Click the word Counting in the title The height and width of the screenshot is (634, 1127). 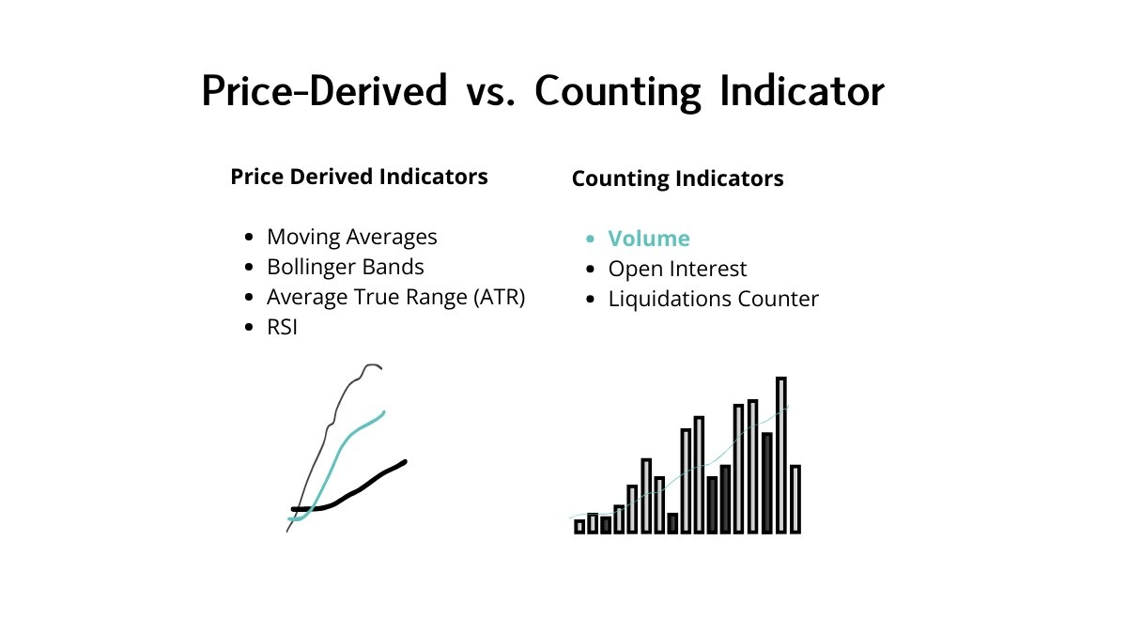(x=617, y=92)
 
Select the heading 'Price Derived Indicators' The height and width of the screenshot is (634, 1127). (x=359, y=177)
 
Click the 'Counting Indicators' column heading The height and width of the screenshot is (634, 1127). (x=677, y=178)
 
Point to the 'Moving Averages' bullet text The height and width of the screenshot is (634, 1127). (x=351, y=237)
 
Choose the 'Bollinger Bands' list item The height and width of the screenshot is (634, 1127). (x=346, y=267)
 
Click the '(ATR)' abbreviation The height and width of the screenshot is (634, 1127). (x=499, y=298)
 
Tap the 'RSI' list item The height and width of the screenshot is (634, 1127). (x=282, y=327)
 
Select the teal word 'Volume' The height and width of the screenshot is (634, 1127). (x=649, y=239)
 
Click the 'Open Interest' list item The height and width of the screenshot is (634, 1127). (x=677, y=269)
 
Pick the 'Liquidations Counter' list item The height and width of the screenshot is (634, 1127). (x=713, y=299)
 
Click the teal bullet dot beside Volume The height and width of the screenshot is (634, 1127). (x=590, y=239)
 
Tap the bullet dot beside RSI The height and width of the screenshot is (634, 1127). (x=249, y=328)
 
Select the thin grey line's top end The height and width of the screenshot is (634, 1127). (x=381, y=368)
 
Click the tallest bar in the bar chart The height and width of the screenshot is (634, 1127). (x=780, y=455)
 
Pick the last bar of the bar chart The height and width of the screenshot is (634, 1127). (x=795, y=499)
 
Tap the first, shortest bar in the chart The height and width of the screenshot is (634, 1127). (x=579, y=527)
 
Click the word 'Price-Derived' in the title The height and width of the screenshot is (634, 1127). (x=324, y=91)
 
